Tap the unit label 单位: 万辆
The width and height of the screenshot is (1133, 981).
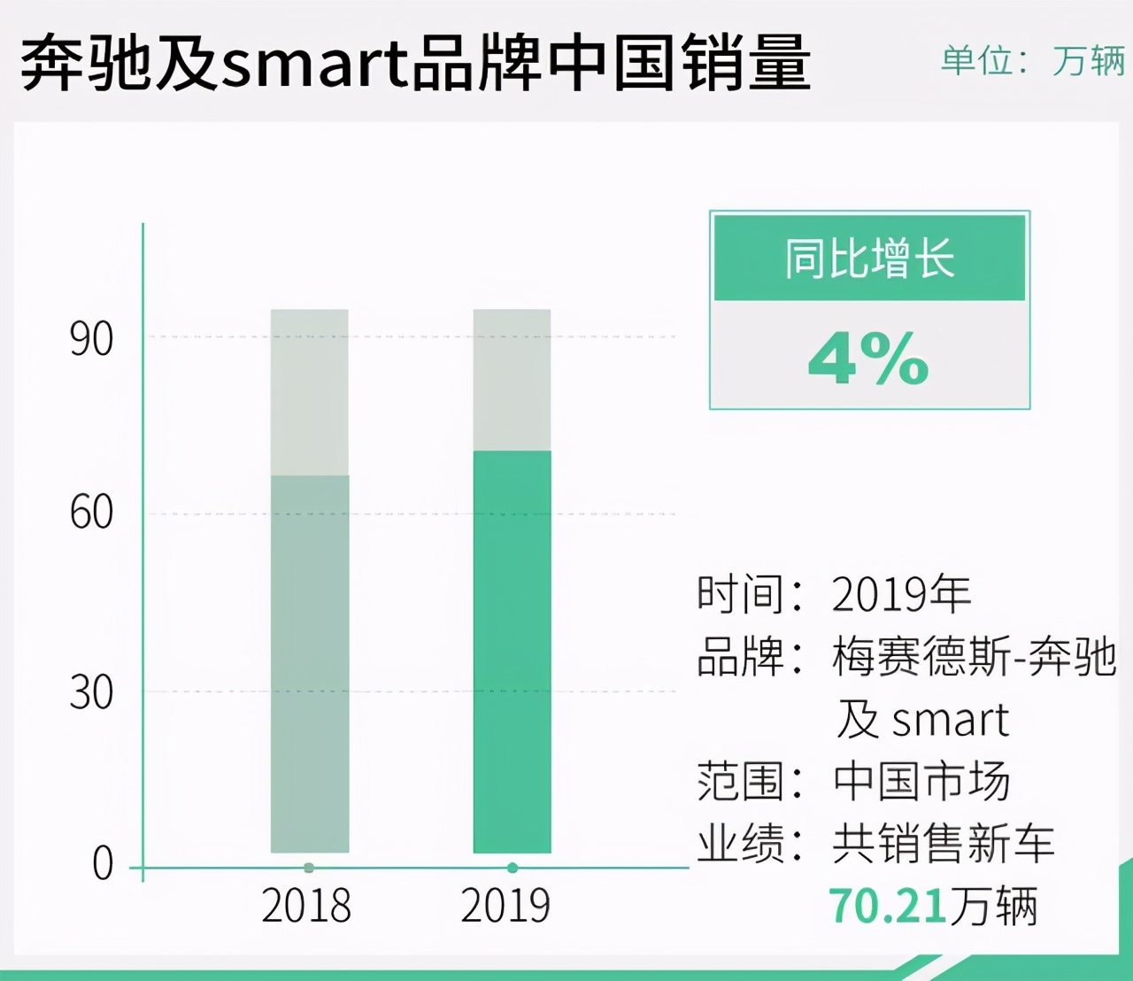pos(1032,61)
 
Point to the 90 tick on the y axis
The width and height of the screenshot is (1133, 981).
pos(91,339)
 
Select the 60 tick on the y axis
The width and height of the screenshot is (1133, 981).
pos(91,513)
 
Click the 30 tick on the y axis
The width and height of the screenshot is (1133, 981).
pos(91,691)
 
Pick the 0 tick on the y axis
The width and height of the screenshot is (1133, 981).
pos(103,863)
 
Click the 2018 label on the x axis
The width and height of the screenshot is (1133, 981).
pos(306,906)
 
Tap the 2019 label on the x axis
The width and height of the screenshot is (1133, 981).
pos(505,906)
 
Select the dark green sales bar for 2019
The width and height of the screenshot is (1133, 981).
pos(512,652)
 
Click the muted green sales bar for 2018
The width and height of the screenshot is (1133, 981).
pos(309,664)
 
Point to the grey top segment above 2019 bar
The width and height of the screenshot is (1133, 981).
pos(512,380)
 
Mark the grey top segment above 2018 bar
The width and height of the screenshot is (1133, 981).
pos(309,392)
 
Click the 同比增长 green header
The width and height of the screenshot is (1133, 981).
pos(869,259)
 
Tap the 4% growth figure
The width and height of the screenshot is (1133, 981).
pos(868,359)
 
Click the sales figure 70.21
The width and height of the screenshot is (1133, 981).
pos(888,906)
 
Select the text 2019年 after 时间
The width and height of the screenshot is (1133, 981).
pos(901,593)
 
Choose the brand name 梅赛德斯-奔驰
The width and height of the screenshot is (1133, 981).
pos(974,657)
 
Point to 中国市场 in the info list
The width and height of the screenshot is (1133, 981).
pos(921,781)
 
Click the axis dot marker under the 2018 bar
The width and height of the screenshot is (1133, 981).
pos(309,868)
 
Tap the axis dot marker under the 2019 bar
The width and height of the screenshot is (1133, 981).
pos(513,868)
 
